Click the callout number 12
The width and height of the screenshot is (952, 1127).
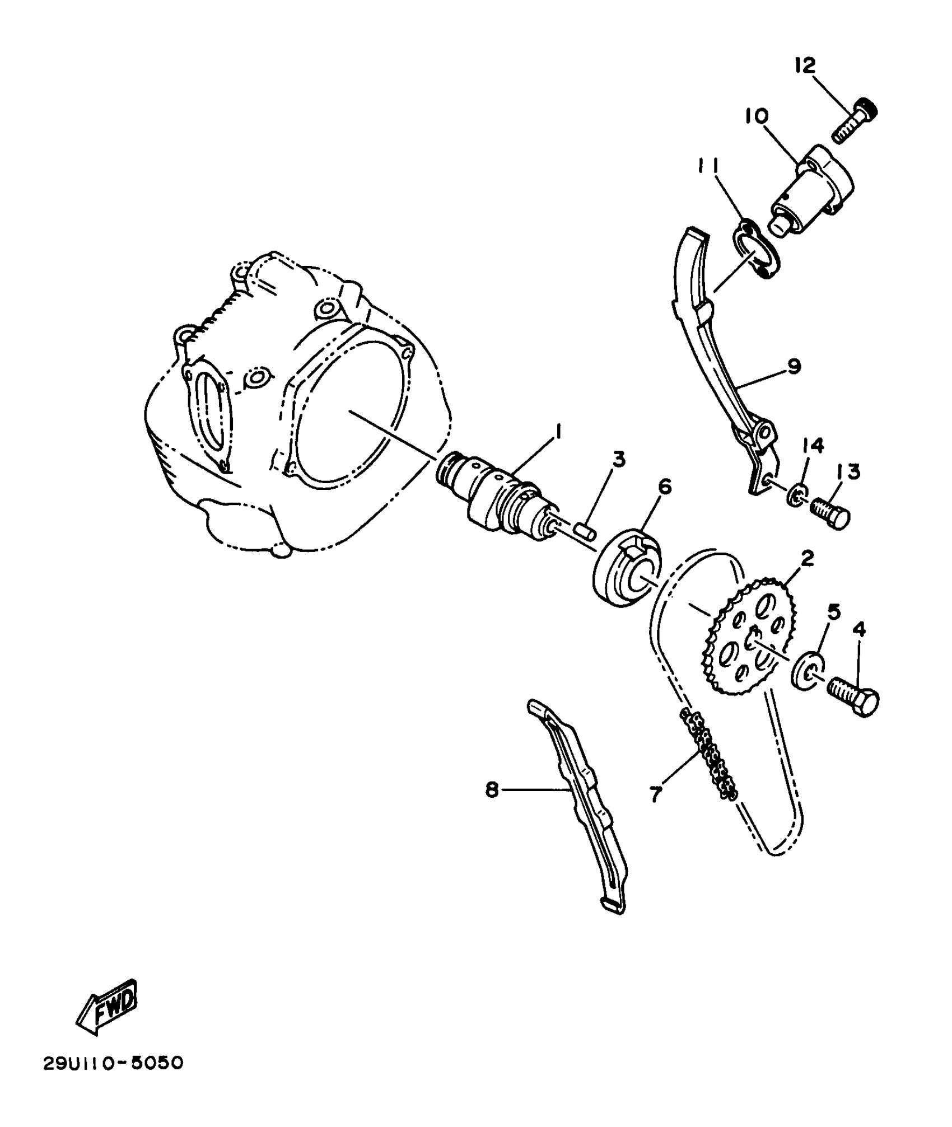(x=805, y=66)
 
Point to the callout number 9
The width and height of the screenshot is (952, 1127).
(x=794, y=366)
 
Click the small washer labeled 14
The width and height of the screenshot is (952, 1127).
(x=797, y=494)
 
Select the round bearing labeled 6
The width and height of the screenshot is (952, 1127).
(x=627, y=577)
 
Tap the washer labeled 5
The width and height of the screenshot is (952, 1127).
(x=808, y=670)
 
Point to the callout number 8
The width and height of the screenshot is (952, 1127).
(x=492, y=791)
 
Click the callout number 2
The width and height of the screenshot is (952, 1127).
(x=807, y=557)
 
